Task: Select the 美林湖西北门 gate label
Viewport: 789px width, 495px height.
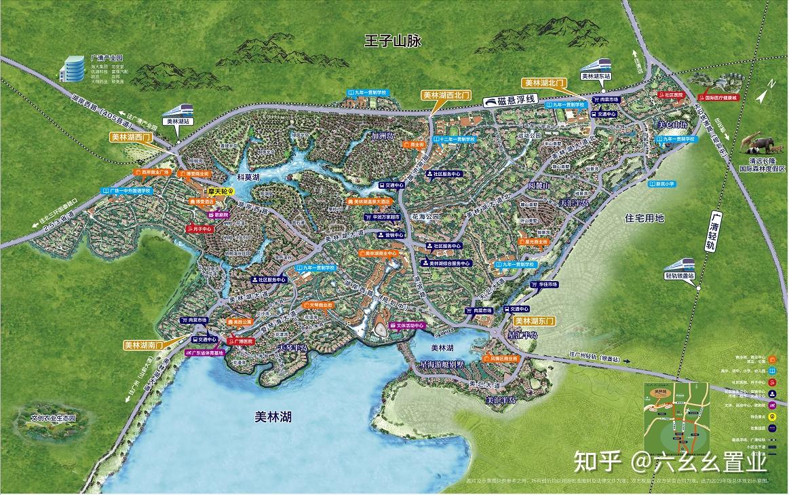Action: pyautogui.click(x=446, y=96)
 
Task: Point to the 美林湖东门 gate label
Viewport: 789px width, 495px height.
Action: pyautogui.click(x=535, y=320)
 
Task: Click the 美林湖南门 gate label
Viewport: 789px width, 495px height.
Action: pyautogui.click(x=144, y=345)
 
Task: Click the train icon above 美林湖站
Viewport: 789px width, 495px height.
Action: pyautogui.click(x=179, y=109)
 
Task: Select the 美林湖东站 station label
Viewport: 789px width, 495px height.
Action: pyautogui.click(x=596, y=76)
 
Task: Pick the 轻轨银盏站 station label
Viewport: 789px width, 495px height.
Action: pyautogui.click(x=680, y=276)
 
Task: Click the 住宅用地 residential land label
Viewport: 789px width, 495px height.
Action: pyautogui.click(x=644, y=218)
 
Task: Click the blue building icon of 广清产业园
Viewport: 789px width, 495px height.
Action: pyautogui.click(x=71, y=68)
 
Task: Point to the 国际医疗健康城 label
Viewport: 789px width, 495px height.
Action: pyautogui.click(x=730, y=97)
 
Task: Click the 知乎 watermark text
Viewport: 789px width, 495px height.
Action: pyautogui.click(x=598, y=462)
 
